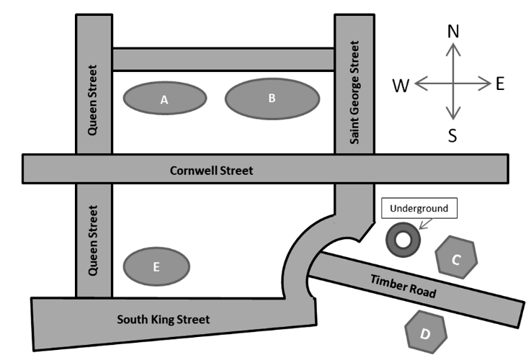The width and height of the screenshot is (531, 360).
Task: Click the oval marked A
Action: [x=164, y=99]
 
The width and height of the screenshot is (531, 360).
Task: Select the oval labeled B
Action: [x=272, y=99]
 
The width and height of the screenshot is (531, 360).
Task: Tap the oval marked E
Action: [x=156, y=266]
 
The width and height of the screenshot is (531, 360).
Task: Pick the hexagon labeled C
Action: [x=456, y=258]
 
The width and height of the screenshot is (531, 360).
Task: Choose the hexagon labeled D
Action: [x=426, y=333]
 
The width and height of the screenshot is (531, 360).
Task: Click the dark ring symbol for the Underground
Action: [x=402, y=239]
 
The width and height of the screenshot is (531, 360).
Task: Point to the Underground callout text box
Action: [x=419, y=209]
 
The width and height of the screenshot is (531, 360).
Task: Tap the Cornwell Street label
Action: [x=212, y=171]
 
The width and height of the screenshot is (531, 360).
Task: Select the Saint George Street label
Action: [x=354, y=92]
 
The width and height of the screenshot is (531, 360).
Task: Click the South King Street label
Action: [x=164, y=319]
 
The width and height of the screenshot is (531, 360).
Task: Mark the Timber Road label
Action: [x=403, y=286]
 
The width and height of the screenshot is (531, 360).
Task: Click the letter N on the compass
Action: [x=452, y=31]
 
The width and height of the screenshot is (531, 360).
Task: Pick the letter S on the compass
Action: [x=452, y=135]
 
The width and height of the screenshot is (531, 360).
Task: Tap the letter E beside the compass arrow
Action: [x=500, y=84]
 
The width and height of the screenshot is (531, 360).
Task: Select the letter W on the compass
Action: [x=401, y=86]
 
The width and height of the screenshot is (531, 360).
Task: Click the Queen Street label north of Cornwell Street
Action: [x=93, y=101]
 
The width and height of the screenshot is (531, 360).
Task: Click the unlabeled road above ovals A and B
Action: [x=223, y=59]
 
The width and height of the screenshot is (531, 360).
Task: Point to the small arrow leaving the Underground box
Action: [x=421, y=223]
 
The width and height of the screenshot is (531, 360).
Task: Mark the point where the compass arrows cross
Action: [x=452, y=84]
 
